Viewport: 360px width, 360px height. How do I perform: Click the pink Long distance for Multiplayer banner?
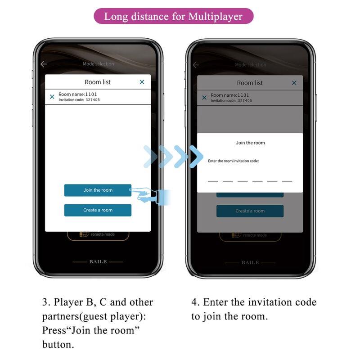pos(173,17)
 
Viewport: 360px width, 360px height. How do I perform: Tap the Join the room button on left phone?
pos(98,190)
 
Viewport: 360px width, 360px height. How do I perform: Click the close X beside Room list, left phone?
pos(142,81)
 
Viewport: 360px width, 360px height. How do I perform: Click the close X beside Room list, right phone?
pos(294,83)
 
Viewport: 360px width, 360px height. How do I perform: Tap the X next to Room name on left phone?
pos(52,96)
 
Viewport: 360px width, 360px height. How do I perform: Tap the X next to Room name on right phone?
pos(204,97)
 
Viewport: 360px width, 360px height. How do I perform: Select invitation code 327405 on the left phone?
pos(93,99)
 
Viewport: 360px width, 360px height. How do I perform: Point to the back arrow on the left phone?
pos(44,64)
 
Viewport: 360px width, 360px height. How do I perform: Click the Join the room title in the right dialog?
pos(250,143)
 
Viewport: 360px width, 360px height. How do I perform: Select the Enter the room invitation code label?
pos(233,161)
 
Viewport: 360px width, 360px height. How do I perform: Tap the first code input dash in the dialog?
pos(213,181)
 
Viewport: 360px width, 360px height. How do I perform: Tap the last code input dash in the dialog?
pos(287,181)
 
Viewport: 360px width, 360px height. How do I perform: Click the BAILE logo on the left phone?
pos(98,262)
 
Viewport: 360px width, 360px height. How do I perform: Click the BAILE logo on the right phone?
pos(250,262)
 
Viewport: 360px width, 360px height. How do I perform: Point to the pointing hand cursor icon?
pos(144,194)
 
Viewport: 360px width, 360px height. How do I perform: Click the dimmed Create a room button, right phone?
pos(250,211)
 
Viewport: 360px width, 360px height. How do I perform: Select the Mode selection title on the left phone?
pos(98,64)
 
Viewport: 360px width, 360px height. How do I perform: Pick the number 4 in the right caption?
pos(194,302)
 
